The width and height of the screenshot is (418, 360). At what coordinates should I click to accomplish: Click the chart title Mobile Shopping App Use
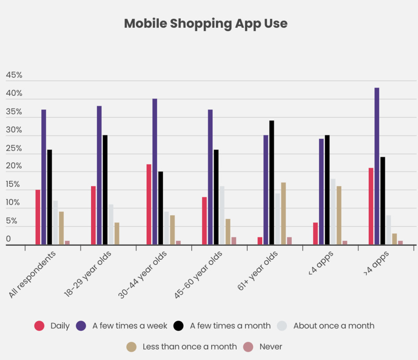(205, 23)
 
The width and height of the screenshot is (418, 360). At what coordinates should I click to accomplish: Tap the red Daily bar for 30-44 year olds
(149, 204)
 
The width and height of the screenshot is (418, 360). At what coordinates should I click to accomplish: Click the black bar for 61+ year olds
(271, 182)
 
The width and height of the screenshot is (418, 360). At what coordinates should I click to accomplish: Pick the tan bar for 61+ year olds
(283, 214)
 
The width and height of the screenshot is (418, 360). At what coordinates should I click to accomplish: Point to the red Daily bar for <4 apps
(315, 233)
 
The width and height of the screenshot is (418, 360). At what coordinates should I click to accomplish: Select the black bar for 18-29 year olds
(105, 190)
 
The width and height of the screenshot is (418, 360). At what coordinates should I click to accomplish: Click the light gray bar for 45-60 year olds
(222, 215)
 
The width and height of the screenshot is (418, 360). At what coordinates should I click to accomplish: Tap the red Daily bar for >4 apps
(371, 206)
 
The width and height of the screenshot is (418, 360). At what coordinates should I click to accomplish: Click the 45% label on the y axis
(14, 76)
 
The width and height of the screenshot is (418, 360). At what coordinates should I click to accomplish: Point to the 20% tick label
(14, 167)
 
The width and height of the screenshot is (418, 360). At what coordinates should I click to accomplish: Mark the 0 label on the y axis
(8, 240)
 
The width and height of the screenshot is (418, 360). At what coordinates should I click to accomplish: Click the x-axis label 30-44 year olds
(143, 275)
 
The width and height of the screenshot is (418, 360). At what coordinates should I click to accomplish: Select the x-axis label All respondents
(32, 275)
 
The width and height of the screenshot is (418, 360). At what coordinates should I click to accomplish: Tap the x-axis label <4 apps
(321, 264)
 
